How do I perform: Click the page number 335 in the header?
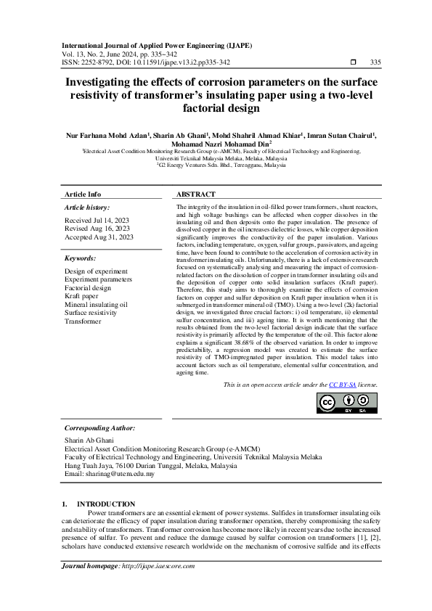tap(375, 62)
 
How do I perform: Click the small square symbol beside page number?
tap(353, 62)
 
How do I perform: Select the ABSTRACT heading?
tap(196, 194)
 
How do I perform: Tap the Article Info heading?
tap(83, 194)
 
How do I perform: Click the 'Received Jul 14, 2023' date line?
tap(98, 219)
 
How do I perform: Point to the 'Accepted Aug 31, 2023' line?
tap(99, 237)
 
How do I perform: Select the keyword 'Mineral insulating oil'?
tap(96, 305)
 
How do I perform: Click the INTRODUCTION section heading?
tap(106, 504)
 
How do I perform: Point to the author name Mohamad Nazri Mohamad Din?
tap(215, 144)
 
